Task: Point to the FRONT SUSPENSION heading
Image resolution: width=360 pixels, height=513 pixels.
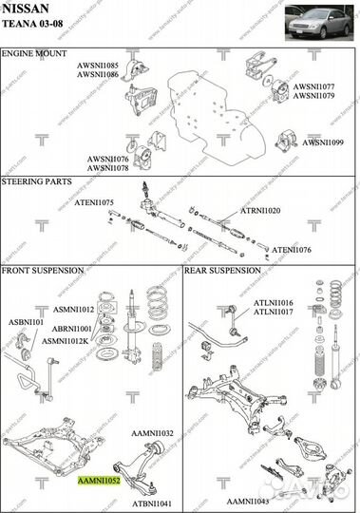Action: [44, 271]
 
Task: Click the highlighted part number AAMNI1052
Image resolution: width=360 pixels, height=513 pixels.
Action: [99, 482]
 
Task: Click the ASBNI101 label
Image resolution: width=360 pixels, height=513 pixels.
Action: [27, 322]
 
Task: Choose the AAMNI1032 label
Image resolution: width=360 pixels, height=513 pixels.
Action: [153, 433]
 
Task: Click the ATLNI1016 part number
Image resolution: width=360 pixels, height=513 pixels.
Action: [273, 302]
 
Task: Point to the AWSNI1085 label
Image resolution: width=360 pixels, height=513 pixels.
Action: [98, 65]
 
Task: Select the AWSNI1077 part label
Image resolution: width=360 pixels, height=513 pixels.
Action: [313, 86]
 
